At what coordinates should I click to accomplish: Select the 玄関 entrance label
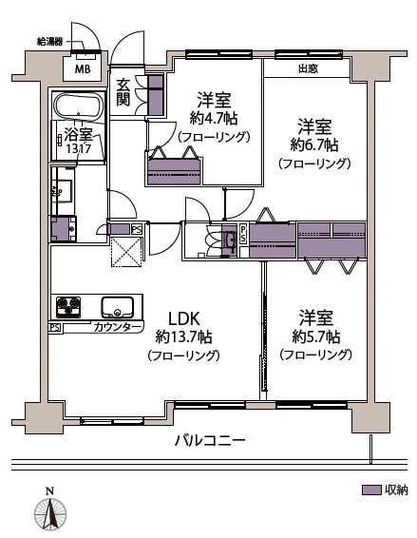coord(123,93)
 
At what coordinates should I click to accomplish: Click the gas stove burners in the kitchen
coord(69,307)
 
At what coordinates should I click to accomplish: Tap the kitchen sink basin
coord(119,308)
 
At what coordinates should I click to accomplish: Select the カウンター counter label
coord(118,328)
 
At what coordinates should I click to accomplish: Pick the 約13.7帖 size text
coord(183,337)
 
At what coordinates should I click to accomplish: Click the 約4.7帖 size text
coord(213,119)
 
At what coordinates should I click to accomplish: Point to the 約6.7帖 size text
coord(313,145)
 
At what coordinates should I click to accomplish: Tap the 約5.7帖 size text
coord(314,336)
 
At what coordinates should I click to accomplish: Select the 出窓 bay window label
coord(308,68)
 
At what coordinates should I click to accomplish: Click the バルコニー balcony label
coord(210,441)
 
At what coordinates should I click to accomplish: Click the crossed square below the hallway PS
coord(126,252)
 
